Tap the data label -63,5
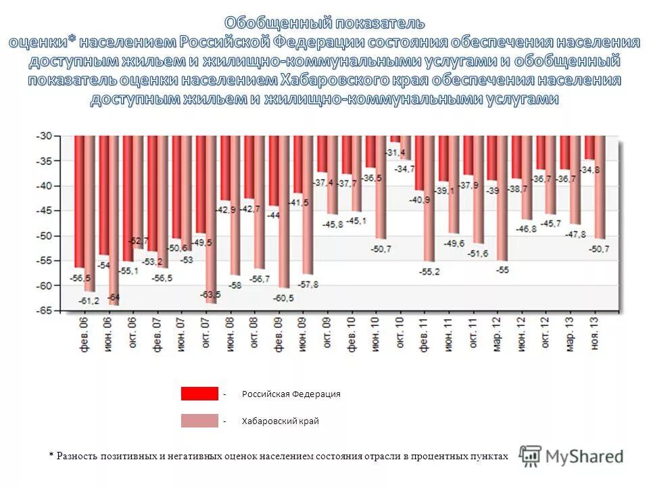coord(210,295)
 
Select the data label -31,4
coord(396,152)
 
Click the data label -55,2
coord(429,271)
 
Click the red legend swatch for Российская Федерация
coord(199,394)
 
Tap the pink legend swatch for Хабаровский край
coord(199,421)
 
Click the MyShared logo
coord(572,457)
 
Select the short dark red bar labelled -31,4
coord(395,139)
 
